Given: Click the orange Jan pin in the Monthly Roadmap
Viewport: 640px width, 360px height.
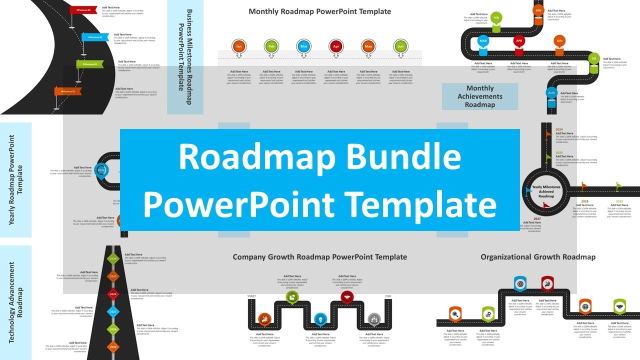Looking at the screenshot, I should click(x=239, y=46).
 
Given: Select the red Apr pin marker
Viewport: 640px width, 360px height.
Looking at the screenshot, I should click(x=336, y=46).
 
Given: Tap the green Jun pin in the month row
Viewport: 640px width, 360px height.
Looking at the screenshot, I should click(x=400, y=46).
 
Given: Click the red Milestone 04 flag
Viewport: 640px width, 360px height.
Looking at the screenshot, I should click(x=83, y=10).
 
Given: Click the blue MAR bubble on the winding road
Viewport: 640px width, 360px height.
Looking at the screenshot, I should click(x=483, y=41).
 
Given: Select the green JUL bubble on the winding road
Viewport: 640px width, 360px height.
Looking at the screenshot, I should click(x=594, y=58).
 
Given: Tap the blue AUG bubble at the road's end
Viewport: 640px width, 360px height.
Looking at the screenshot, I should click(x=551, y=93).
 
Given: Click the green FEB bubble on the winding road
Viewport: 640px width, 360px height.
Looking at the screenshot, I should click(x=496, y=18).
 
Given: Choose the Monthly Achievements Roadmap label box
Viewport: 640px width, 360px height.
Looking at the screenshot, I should click(x=480, y=96).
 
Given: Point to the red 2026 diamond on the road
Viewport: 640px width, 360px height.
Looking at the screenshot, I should click(x=113, y=294).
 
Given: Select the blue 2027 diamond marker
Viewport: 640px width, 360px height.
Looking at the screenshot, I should click(x=113, y=311).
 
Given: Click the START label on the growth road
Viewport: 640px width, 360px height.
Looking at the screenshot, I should click(x=251, y=296).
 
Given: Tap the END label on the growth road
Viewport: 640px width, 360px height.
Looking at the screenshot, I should click(x=388, y=296).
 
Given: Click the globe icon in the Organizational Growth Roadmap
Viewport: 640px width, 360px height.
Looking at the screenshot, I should click(x=585, y=305).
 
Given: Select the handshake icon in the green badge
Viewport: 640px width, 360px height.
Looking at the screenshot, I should click(x=619, y=305).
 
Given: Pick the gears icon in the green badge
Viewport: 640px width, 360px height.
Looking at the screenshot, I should click(x=488, y=314).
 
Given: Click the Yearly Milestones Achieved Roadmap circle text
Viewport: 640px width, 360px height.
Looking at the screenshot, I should click(x=546, y=191).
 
